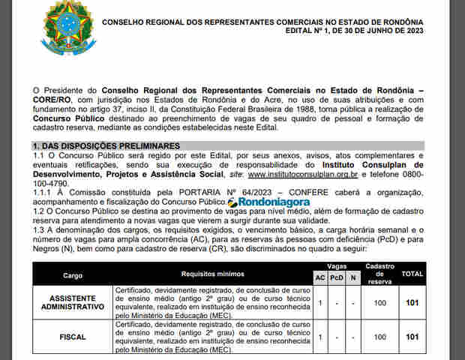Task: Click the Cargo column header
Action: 73,275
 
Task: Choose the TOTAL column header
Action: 412,275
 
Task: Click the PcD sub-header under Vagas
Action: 337,278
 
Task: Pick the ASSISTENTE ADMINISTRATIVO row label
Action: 73,303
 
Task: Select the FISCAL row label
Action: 73,337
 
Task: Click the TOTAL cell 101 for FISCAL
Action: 412,337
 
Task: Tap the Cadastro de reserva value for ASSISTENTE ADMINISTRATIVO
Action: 379,303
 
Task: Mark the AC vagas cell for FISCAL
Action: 320,337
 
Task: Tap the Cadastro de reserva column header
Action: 379,273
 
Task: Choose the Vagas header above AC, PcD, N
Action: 337,266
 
